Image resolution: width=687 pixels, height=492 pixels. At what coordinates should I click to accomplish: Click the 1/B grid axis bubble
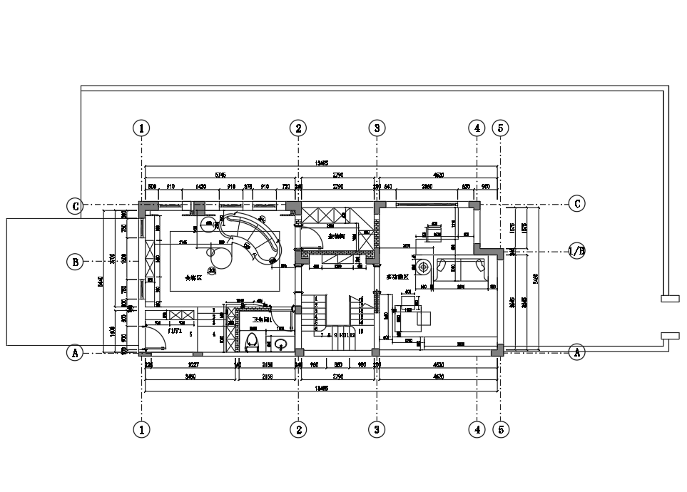pyautogui.click(x=576, y=251)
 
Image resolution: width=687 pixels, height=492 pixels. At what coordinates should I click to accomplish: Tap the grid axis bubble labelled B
pyautogui.click(x=74, y=261)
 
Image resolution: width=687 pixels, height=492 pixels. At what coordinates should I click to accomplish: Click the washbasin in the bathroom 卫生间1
pyautogui.click(x=280, y=344)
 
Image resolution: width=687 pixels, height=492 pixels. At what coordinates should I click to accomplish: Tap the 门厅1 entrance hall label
pyautogui.click(x=175, y=331)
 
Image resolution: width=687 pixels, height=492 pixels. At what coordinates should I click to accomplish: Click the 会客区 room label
pyautogui.click(x=193, y=278)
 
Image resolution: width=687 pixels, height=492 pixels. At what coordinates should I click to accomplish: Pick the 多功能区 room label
pyautogui.click(x=397, y=276)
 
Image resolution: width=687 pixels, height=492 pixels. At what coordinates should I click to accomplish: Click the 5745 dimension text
pyautogui.click(x=220, y=174)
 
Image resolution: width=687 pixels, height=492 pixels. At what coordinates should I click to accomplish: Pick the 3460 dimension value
pyautogui.click(x=190, y=376)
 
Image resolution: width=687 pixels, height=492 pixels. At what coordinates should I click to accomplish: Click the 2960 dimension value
pyautogui.click(x=427, y=187)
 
